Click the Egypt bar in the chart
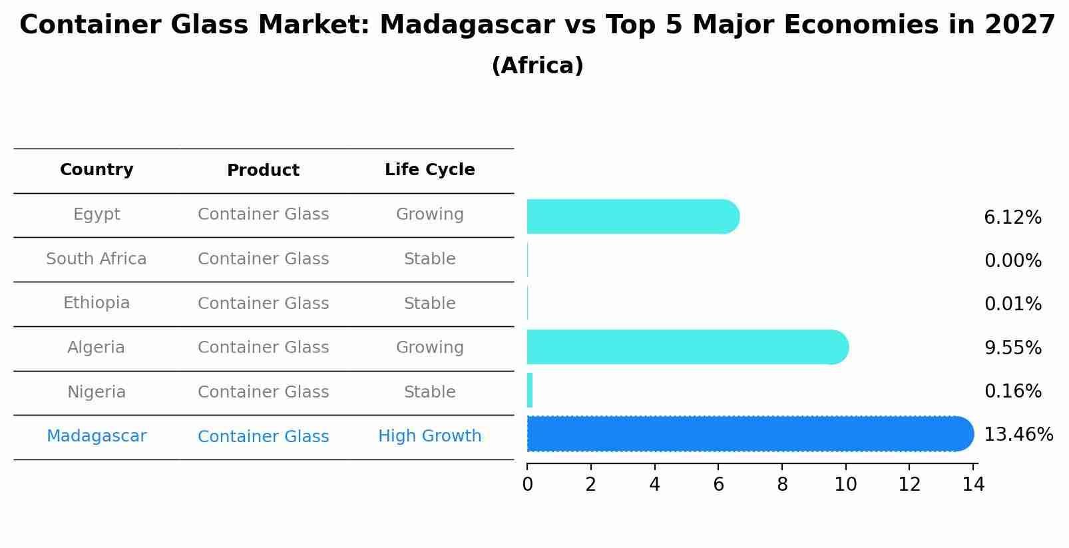632,216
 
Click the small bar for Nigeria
530,390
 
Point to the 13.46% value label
1018,435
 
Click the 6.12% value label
1012,218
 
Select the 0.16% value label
1012,392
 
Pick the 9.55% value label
1012,348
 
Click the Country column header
97,170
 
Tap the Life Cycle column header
429,170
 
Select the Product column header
263,170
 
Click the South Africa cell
97,259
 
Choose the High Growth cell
429,436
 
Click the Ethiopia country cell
97,303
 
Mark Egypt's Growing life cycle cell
429,214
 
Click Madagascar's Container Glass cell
263,437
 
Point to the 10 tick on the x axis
845,485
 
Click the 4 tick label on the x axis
654,485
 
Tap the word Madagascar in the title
467,26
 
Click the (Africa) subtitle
537,66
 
